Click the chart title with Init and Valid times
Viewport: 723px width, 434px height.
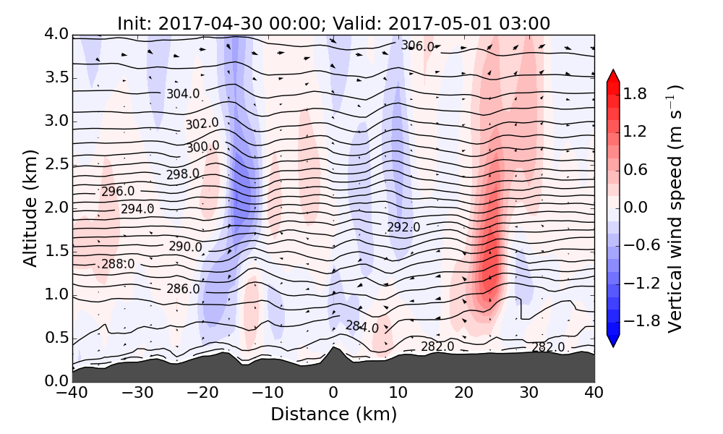[x=333, y=23]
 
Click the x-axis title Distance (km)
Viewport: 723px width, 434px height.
[x=333, y=414]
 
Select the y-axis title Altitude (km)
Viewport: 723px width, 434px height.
[x=30, y=208]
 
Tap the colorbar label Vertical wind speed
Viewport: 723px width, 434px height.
[x=675, y=208]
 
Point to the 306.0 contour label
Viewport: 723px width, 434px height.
[x=418, y=46]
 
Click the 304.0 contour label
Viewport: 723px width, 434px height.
[x=183, y=94]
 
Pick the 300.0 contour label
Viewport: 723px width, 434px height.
[x=202, y=146]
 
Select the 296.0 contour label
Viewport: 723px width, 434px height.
[x=118, y=192]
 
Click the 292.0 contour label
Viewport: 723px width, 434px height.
[x=403, y=227]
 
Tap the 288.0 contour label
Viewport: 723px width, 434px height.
[x=118, y=264]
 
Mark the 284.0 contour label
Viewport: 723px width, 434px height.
[x=361, y=326]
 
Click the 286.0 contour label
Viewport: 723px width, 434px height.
[x=183, y=289]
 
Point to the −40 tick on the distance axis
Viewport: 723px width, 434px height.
[x=72, y=394]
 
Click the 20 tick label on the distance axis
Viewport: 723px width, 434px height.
[x=463, y=394]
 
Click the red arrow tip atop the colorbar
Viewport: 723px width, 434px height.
[x=613, y=75]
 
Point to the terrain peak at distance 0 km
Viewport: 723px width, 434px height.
[x=333, y=348]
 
